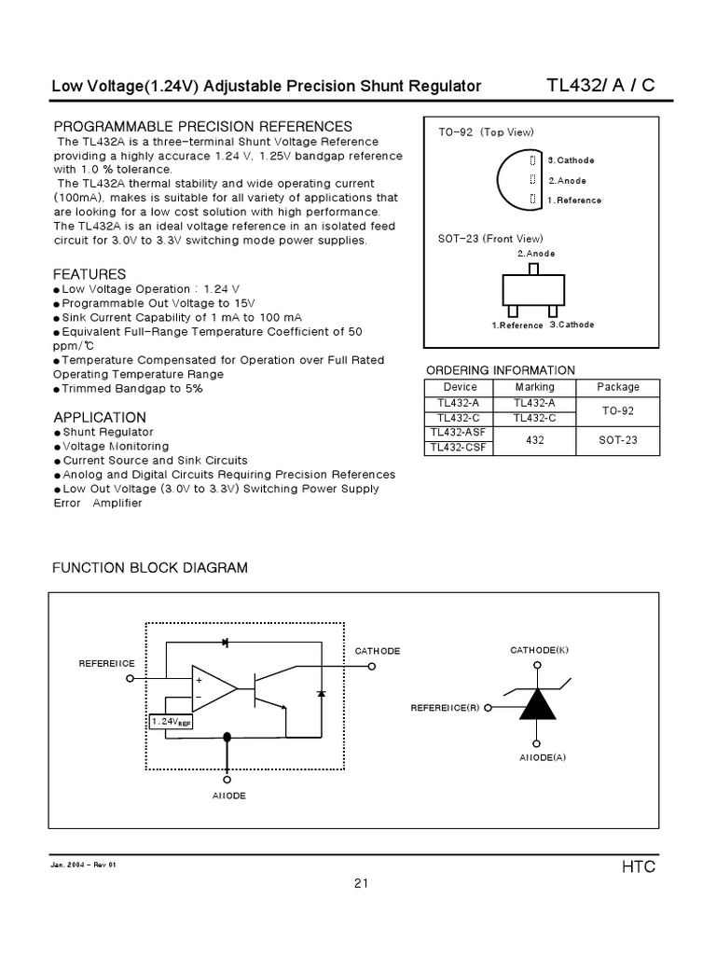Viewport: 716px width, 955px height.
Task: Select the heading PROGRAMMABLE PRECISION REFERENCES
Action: [x=202, y=126]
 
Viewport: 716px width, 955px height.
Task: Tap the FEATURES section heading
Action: [x=89, y=274]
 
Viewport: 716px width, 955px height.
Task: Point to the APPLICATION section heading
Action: [x=100, y=417]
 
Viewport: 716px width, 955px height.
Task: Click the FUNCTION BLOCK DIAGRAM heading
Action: [x=150, y=568]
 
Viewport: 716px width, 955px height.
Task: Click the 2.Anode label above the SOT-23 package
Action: [x=536, y=254]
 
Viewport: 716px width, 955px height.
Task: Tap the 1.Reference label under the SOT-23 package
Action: [x=517, y=325]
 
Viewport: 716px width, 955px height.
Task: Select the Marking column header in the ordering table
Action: [x=534, y=387]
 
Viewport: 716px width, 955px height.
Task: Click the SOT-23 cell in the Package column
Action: [x=618, y=440]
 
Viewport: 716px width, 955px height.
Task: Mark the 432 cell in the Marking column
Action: [x=534, y=440]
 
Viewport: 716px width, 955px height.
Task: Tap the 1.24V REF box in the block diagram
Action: [x=171, y=721]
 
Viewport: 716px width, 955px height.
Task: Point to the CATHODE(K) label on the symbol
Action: [x=539, y=649]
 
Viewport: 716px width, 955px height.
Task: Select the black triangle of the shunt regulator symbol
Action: [x=537, y=706]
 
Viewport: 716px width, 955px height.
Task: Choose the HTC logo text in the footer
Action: [x=639, y=866]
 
